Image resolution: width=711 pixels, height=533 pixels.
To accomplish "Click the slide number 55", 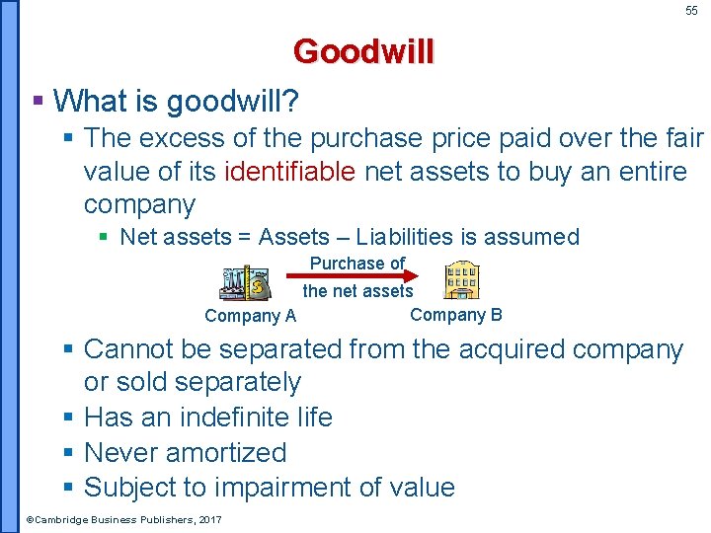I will pos(691,11).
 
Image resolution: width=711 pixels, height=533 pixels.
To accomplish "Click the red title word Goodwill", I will pos(362,51).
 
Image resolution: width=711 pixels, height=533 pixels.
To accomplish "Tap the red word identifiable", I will pos(290,172).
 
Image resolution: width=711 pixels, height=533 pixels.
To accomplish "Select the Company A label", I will pos(250,316).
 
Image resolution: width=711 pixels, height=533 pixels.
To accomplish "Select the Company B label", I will pos(455,314).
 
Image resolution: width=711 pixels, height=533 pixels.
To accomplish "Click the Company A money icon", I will pos(245,283).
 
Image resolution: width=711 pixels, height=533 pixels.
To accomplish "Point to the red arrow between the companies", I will pos(357,276).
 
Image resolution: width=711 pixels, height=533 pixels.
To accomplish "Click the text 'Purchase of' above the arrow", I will pos(357,263).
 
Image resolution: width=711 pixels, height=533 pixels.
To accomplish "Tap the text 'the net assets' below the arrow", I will pos(357,290).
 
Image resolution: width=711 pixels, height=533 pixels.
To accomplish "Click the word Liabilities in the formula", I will pos(406,237).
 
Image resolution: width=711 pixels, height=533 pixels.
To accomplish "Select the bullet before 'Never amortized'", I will pos(68,452).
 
